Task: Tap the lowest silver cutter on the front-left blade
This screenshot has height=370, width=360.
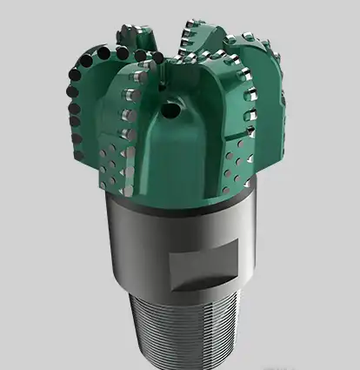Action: (127, 139)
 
